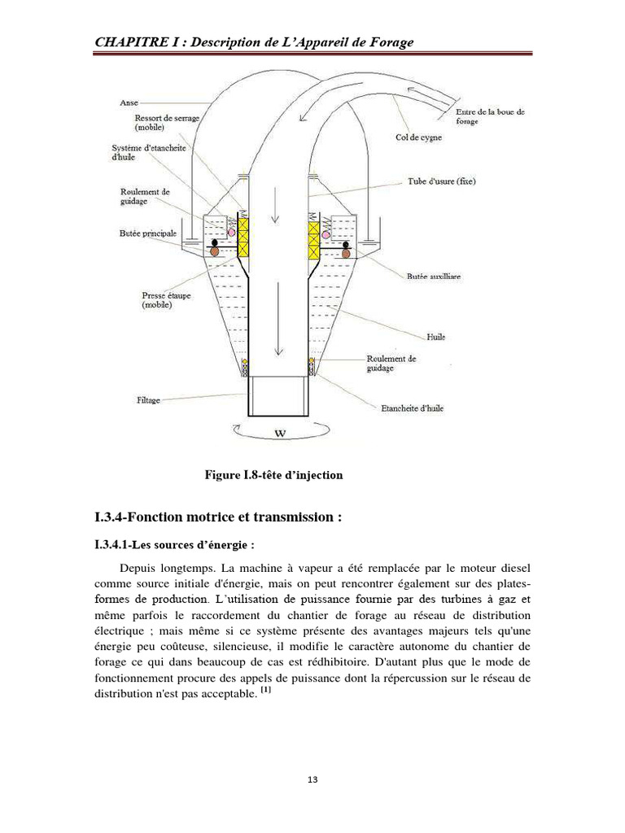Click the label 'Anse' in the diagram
click(129, 103)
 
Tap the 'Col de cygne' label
click(419, 137)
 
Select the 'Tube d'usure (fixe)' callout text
click(443, 181)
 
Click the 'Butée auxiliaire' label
click(434, 277)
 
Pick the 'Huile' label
click(435, 336)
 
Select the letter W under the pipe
click(280, 434)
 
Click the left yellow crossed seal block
click(242, 234)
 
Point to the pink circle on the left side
click(230, 232)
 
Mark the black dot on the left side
click(215, 242)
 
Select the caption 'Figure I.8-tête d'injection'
click(273, 475)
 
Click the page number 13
click(312, 780)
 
